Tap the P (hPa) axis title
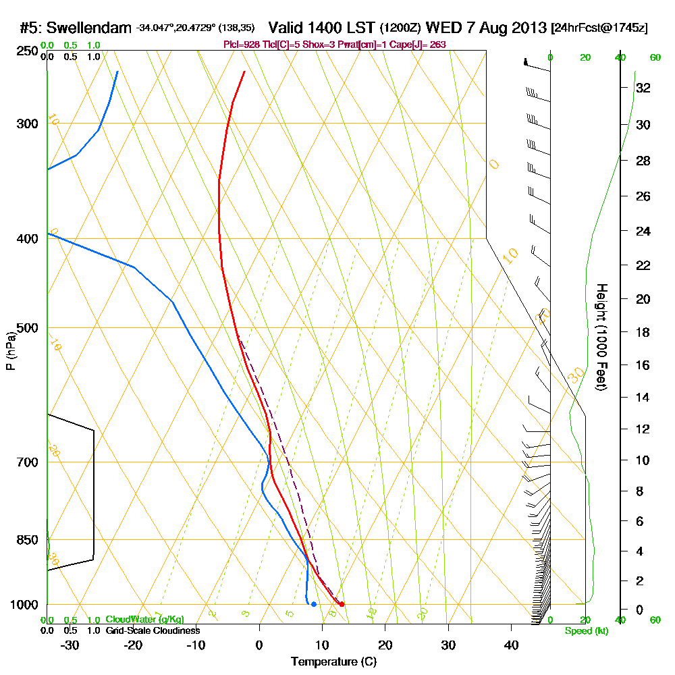(10, 351)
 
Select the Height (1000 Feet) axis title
(600, 337)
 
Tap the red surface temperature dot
(342, 604)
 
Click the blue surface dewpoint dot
(314, 604)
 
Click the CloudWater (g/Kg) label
(144, 620)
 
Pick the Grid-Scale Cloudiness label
(153, 630)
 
